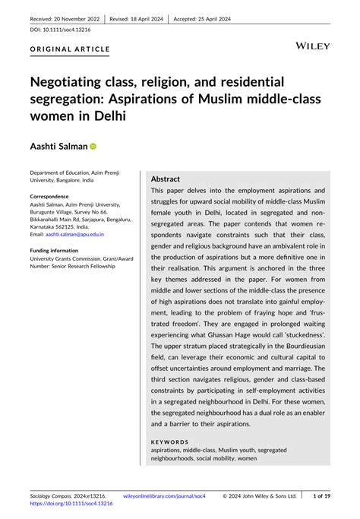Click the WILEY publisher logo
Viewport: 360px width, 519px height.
[x=311, y=46]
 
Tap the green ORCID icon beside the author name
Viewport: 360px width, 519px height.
[x=93, y=146]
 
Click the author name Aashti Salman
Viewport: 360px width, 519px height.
[x=58, y=146]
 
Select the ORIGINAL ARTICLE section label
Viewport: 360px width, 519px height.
[x=70, y=49]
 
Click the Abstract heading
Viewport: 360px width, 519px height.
[x=166, y=179]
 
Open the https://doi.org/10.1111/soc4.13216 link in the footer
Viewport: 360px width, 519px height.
[x=71, y=503]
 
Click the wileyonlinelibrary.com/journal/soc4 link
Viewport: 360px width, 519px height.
[x=165, y=495]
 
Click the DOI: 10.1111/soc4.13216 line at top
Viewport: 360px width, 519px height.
[x=61, y=30]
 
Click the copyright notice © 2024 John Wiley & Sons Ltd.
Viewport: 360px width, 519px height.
[x=261, y=495]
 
